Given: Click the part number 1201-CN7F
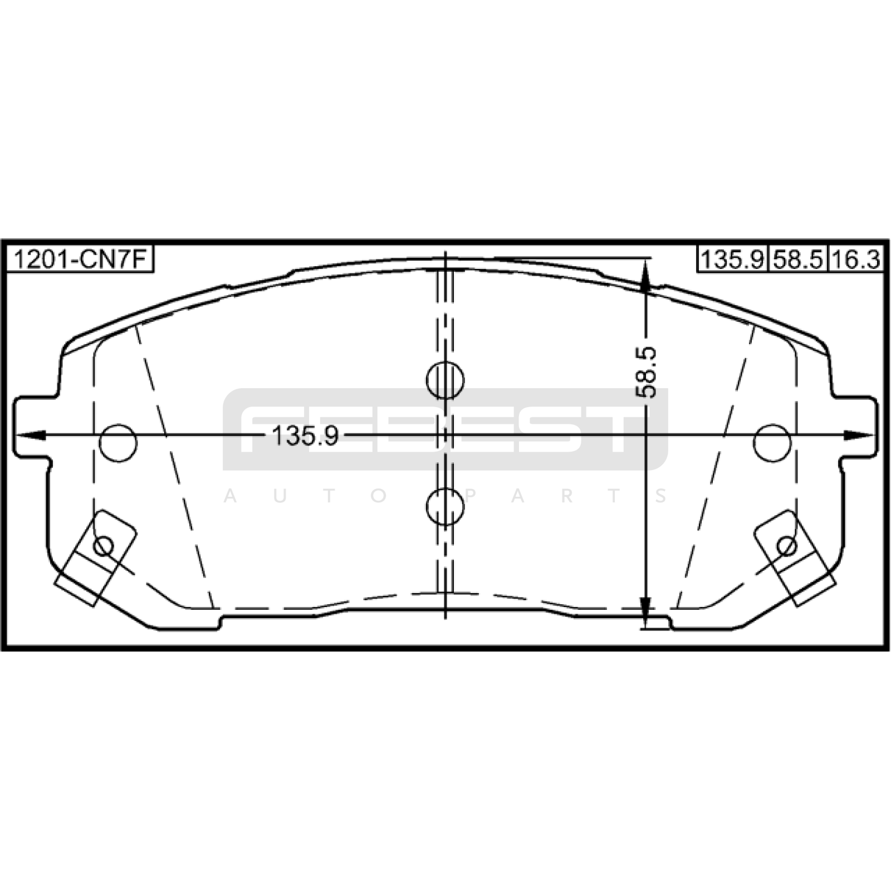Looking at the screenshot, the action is tap(79, 260).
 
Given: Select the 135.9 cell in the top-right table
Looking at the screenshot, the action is tap(732, 260).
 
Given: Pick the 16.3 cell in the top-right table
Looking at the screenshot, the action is tap(856, 260).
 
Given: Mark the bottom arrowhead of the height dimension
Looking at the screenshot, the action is tap(645, 613).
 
